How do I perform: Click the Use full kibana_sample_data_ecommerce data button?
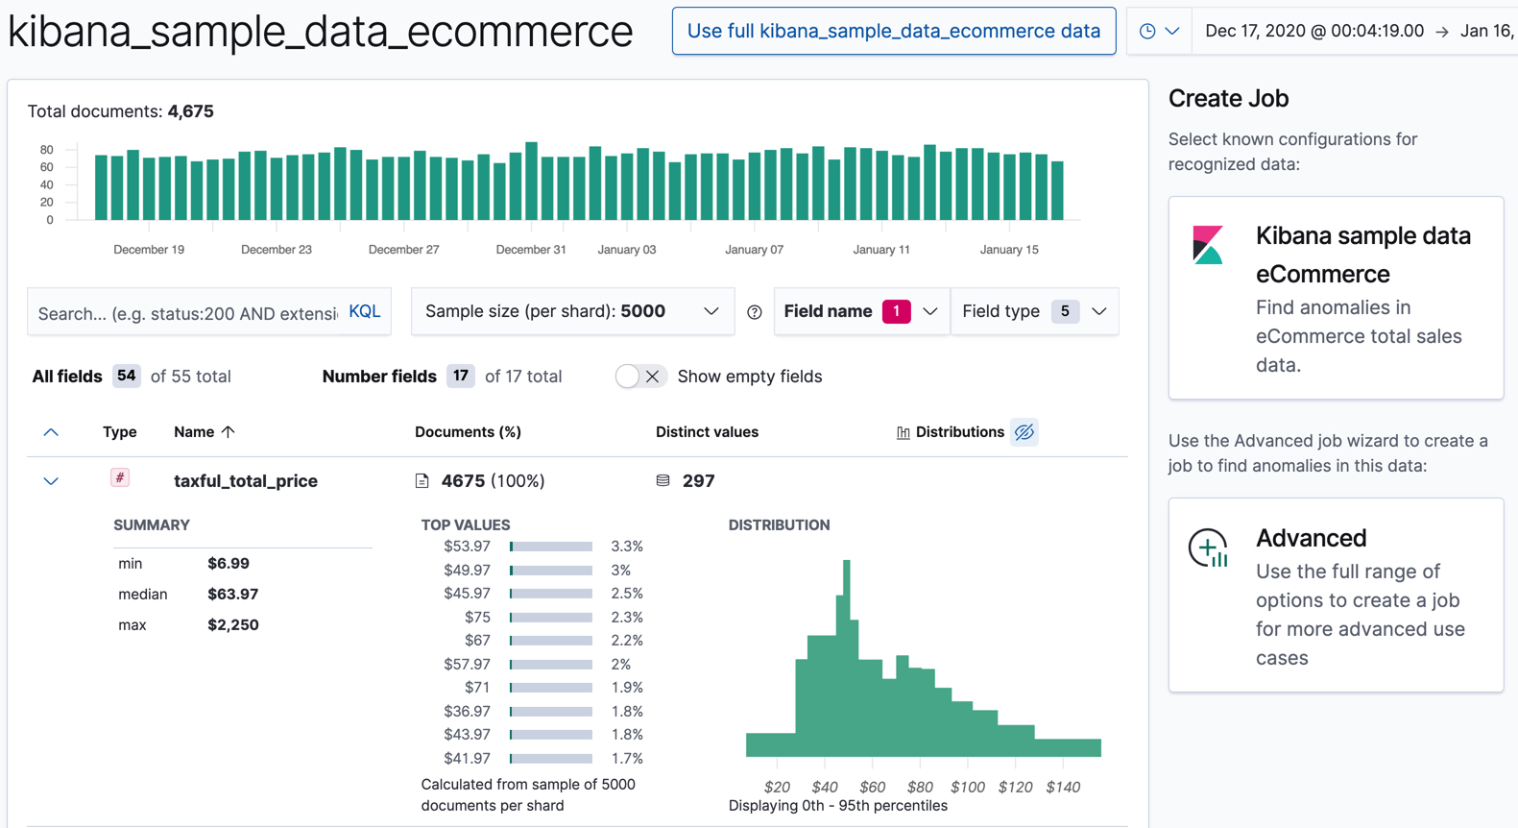893,31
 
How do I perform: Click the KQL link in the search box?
364,311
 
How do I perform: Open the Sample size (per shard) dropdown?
572,311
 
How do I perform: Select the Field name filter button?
860,311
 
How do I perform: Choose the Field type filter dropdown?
1034,311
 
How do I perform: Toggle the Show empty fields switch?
639,377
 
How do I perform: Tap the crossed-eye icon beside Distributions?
1024,432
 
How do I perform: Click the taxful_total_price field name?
246,481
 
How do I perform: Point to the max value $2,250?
233,625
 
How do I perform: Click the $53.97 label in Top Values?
467,547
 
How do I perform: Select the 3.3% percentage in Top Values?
626,547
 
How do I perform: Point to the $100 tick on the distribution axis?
967,787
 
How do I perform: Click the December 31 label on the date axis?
530,250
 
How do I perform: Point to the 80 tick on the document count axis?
46,150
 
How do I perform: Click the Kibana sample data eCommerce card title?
1362,255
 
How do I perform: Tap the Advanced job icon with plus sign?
1209,548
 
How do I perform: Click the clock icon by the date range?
1147,31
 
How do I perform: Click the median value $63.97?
233,595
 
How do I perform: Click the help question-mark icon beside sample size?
755,312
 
